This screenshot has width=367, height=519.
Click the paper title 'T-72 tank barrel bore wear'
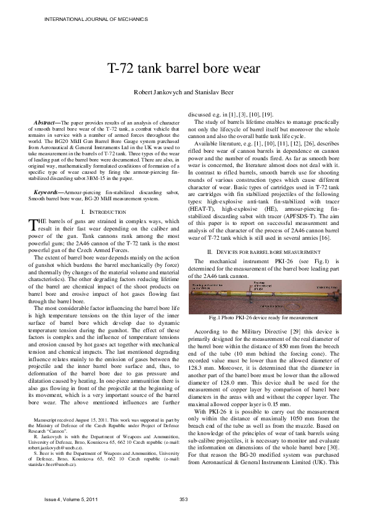point(183,68)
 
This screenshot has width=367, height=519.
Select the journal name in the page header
point(85,19)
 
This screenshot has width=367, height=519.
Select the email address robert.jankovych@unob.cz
point(52,460)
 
